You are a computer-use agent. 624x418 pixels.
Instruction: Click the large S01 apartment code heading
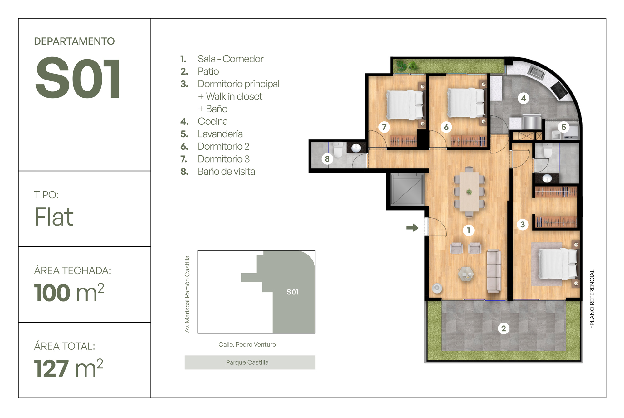77,78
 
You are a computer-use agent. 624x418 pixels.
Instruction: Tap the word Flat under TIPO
54,217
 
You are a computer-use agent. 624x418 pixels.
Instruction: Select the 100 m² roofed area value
69,293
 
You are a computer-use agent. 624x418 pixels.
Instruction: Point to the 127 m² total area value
69,368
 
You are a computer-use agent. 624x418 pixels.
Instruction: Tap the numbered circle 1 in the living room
468,230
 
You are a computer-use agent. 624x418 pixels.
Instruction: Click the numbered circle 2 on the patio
504,328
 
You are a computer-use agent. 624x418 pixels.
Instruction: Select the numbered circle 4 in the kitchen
524,98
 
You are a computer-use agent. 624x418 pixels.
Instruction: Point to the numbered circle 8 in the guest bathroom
327,159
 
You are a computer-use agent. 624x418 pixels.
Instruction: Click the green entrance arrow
412,228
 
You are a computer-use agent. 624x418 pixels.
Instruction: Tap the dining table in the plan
469,192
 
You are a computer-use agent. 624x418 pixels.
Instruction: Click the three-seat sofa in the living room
494,271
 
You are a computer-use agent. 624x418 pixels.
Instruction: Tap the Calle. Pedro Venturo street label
247,344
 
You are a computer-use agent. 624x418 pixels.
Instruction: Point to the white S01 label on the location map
293,292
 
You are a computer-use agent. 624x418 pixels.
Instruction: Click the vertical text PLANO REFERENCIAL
592,299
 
